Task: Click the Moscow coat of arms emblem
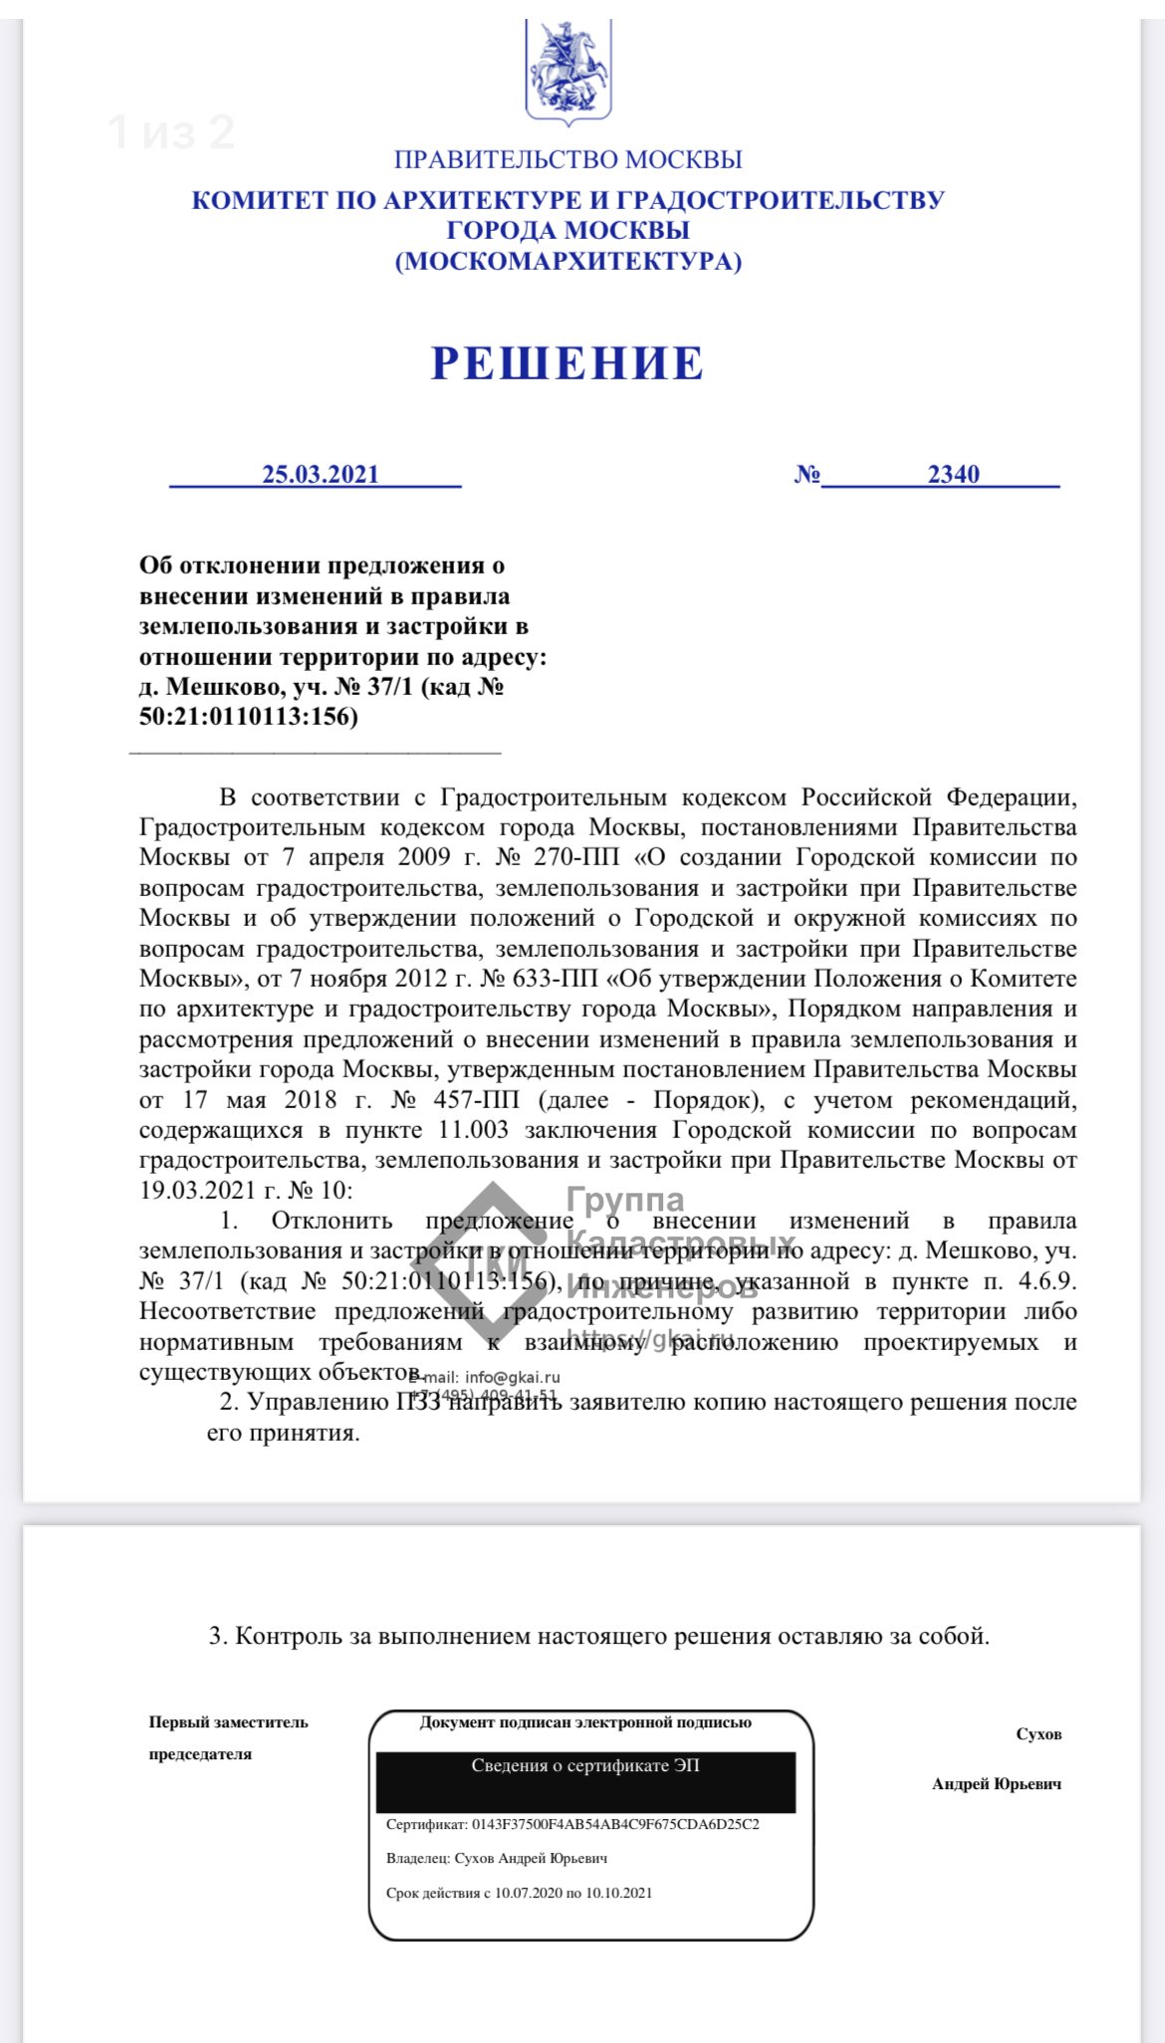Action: coord(569,71)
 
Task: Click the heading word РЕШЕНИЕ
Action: coord(568,363)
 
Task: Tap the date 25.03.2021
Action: coord(321,474)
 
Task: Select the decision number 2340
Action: coord(953,474)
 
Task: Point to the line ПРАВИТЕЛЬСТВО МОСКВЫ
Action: coord(568,159)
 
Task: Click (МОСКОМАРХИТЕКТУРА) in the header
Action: coord(568,262)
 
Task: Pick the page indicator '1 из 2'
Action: coord(171,132)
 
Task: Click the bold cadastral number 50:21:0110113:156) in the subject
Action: coord(248,716)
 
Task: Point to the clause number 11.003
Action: coord(473,1130)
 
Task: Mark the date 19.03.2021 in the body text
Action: coord(196,1191)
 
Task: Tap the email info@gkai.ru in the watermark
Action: coord(512,1378)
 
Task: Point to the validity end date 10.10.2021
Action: coord(618,1893)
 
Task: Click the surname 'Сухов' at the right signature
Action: coord(1039,1733)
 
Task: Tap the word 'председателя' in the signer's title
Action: coord(200,1753)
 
